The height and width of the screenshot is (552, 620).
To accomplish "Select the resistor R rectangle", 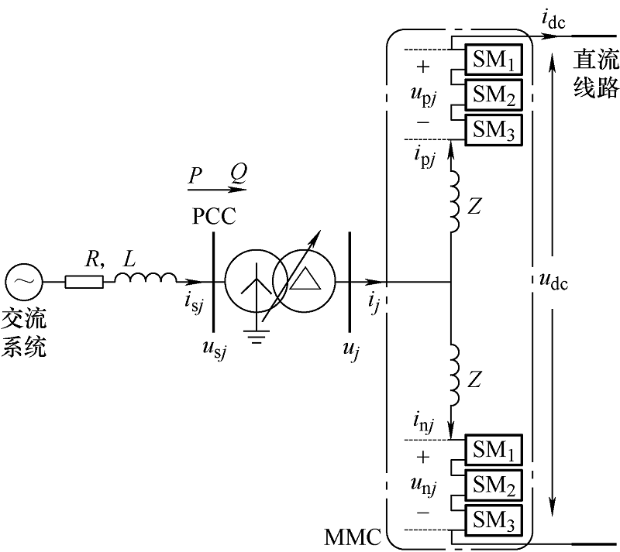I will [x=83, y=282].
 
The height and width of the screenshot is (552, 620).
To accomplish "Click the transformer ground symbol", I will [x=255, y=334].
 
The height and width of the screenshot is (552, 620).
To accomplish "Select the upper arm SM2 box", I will [x=493, y=94].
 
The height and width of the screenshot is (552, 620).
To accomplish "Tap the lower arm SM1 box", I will [x=493, y=450].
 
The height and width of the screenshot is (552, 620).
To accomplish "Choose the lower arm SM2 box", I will [x=493, y=484].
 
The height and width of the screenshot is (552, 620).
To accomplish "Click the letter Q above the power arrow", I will [x=238, y=177].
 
